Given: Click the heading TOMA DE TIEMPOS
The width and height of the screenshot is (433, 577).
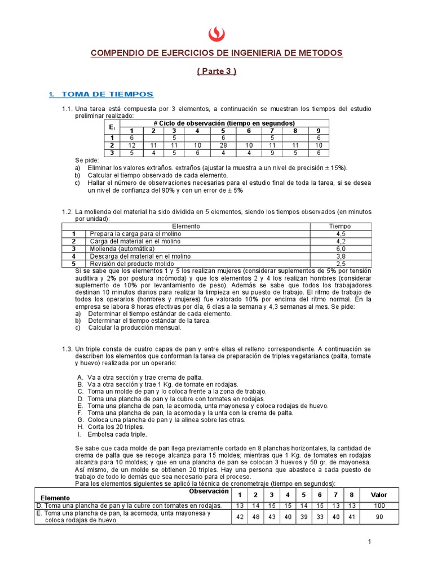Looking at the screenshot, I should click(x=107, y=94).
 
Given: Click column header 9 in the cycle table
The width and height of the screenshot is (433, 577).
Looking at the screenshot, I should click(x=318, y=131).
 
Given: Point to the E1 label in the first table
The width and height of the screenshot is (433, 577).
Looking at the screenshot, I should click(x=112, y=127).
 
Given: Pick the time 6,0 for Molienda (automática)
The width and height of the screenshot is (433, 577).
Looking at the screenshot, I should click(x=341, y=248).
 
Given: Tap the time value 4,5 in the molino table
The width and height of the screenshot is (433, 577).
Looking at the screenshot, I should click(x=341, y=234).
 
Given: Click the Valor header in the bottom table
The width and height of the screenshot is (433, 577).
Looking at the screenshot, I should click(x=379, y=494).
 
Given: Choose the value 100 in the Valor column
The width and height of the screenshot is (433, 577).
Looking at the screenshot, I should click(x=379, y=505).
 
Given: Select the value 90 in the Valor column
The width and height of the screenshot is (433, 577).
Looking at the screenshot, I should click(x=379, y=517).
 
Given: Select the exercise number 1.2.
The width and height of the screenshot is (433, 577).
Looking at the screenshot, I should click(x=68, y=211).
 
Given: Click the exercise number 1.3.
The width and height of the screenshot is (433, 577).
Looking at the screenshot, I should click(x=68, y=349).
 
